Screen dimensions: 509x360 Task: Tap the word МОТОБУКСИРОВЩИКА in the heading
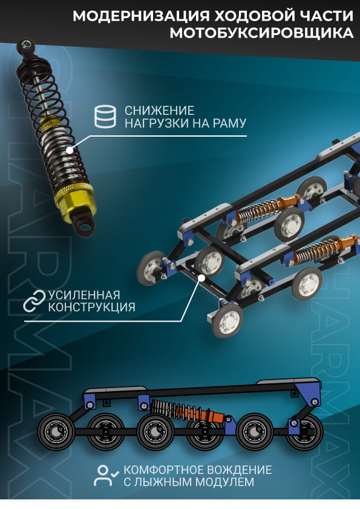(261, 33)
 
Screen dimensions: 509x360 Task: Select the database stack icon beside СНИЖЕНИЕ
(105, 116)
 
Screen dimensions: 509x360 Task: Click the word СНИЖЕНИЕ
(160, 111)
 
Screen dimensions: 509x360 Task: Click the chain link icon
(34, 300)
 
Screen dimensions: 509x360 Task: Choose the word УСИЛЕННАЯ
(84, 295)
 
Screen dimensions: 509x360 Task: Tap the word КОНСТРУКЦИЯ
(91, 308)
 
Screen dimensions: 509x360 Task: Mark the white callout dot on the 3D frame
(201, 277)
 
